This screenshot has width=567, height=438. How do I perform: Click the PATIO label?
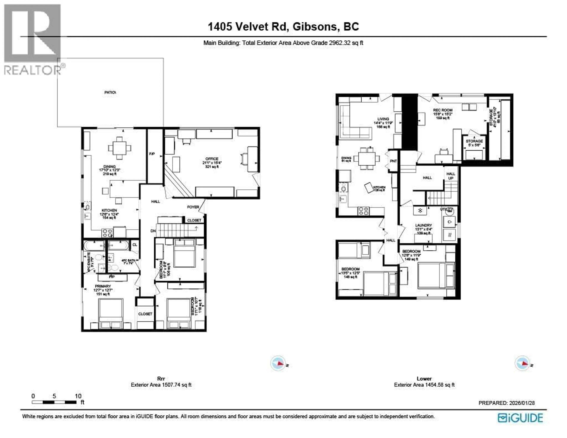coord(110,92)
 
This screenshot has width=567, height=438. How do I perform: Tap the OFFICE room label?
coord(212,159)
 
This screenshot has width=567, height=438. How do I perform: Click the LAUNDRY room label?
coord(423,225)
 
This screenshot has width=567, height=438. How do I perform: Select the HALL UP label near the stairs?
coord(451,176)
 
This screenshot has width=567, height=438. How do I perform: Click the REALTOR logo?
coord(32,39)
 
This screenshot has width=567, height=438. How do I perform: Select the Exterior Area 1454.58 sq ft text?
coord(424,385)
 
